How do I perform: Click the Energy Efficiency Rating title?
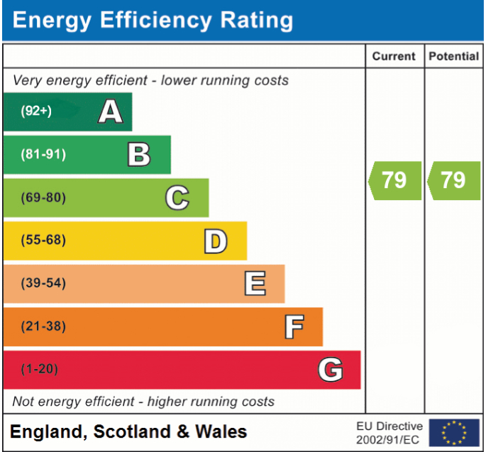pos(153,21)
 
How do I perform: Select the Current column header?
pos(394,56)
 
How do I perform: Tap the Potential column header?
pos(454,56)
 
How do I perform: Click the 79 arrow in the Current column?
pos(394,180)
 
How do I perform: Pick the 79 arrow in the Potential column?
pos(453,180)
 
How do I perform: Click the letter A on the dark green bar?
pos(110,111)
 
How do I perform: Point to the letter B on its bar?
pos(139,154)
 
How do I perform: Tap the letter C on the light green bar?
pos(177,198)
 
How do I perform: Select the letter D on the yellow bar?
pos(216,241)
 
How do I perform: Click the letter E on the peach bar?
pos(255,284)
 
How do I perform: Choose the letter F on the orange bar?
pos(294,327)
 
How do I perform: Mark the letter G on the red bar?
pos(331,370)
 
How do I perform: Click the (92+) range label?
pos(35,111)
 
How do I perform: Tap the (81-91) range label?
pos(43,155)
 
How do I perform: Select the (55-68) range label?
pos(43,241)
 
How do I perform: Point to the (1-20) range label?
pos(39,370)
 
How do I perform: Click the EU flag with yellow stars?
pos(453,432)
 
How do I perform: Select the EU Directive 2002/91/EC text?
pos(389,432)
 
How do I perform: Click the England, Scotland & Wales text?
pos(128,431)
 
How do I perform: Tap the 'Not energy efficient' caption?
pos(143,402)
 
